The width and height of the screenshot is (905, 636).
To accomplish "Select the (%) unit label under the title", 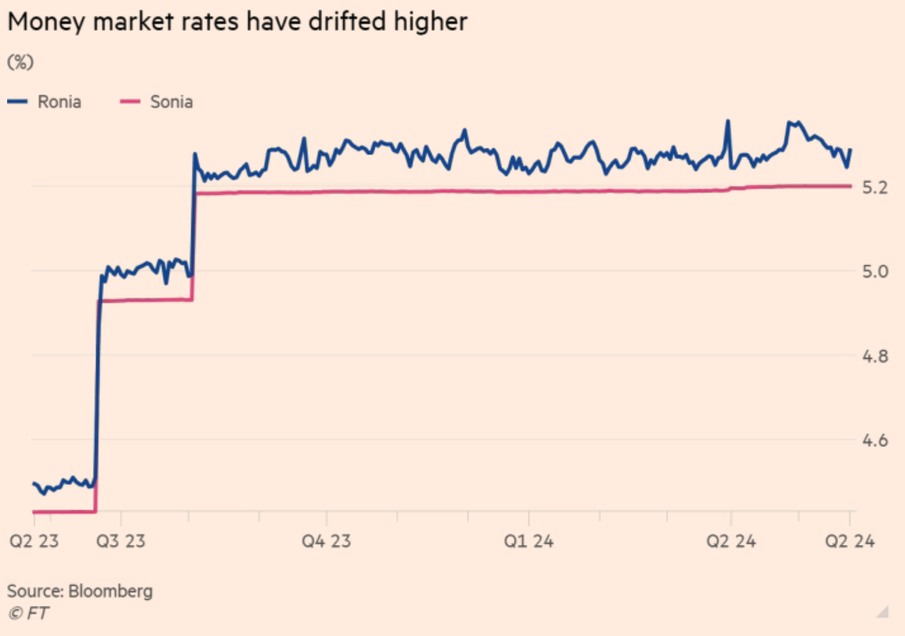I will tap(21, 62).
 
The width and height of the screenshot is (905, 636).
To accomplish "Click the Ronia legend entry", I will tap(59, 102).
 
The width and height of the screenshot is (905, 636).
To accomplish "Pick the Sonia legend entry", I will tap(171, 102).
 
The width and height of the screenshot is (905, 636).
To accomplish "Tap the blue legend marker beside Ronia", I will tap(18, 102).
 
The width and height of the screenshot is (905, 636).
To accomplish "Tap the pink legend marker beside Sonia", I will tap(129, 102).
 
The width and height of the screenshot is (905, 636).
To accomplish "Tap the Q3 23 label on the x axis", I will tap(120, 542).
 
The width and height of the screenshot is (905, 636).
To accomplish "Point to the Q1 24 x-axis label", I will tap(529, 542).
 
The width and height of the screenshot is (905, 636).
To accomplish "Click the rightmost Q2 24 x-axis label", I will tap(850, 542).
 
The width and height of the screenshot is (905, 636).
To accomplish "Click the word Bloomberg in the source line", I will tap(110, 591).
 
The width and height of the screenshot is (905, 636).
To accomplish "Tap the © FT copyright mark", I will tap(27, 612).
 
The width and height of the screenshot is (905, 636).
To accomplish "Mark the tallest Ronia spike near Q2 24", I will tap(727, 122).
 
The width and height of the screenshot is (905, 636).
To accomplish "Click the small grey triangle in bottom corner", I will tap(882, 611).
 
